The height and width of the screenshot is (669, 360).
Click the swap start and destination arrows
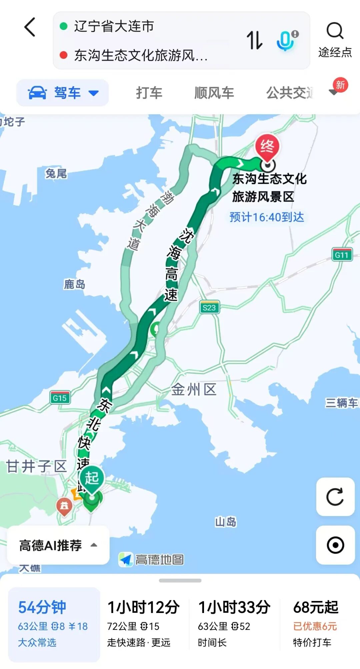click(255, 40)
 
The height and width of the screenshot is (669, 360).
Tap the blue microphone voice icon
click(286, 40)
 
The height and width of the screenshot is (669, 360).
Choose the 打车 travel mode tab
click(149, 93)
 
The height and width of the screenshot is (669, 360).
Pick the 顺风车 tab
click(214, 93)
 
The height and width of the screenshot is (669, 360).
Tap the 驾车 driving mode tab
click(63, 93)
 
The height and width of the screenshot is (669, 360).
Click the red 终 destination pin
click(267, 147)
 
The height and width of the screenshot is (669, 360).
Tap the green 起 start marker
click(92, 479)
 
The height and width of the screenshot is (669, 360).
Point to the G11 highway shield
click(342, 255)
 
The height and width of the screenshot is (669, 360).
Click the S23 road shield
click(209, 307)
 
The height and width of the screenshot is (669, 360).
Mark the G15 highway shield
click(60, 398)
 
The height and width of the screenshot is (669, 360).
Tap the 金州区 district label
click(194, 389)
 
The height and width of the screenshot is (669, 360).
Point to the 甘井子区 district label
click(37, 466)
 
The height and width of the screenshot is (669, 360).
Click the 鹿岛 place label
click(74, 284)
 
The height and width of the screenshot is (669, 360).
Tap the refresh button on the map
click(335, 497)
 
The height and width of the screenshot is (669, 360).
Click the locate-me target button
click(335, 545)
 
